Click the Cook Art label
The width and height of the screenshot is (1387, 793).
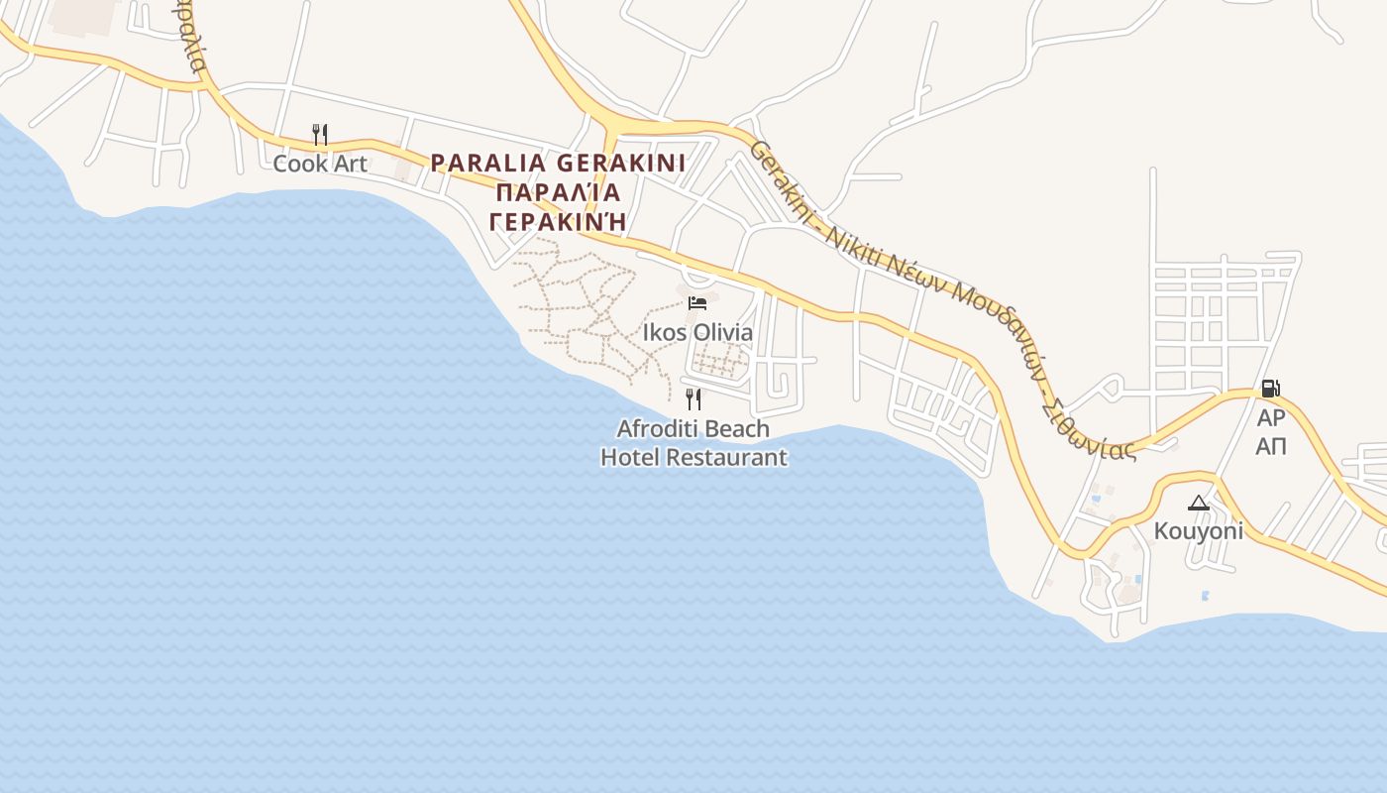coord(320,164)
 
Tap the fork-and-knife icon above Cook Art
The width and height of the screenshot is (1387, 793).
coord(320,134)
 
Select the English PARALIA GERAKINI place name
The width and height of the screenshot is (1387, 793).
coord(558,163)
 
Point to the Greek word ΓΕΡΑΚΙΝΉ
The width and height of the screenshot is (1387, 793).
coord(558,221)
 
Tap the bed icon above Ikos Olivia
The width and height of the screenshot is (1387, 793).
coord(697,302)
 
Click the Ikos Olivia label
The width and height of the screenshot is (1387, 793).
coord(697,333)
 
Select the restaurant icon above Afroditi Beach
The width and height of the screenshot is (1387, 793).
coord(693,399)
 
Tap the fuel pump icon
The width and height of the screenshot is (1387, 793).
coord(1270,389)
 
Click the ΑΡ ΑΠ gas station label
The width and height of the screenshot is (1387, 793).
coord(1271,432)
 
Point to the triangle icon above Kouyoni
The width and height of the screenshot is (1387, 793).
coord(1199,503)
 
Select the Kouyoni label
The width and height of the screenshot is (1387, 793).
coord(1198,531)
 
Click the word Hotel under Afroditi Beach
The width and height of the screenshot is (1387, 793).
coord(630,457)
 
